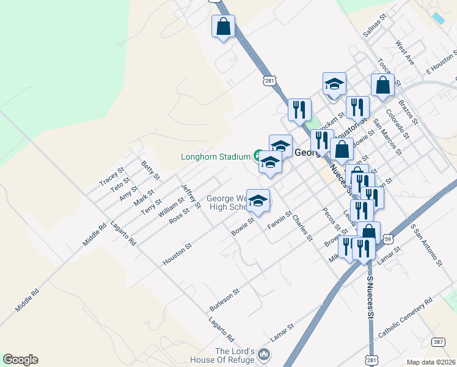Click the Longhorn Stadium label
tap(216, 157)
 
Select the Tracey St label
tap(112, 177)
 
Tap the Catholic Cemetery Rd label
tap(405, 317)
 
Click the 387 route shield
tap(437, 342)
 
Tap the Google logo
tap(20, 360)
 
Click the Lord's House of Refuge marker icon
tap(264, 354)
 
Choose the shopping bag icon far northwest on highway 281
tap(223, 26)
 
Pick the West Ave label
tap(404, 53)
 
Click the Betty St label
tap(150, 170)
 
